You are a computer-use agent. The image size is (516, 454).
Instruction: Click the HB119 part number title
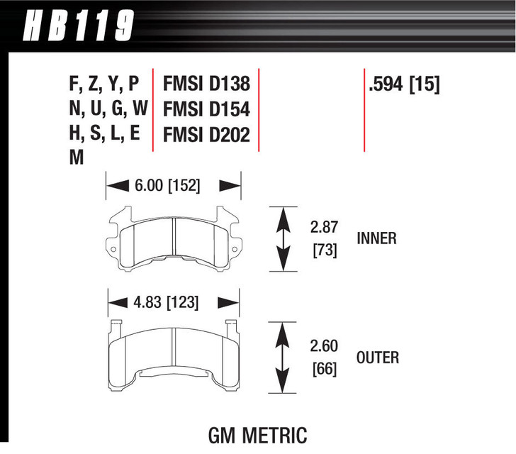(x=79, y=26)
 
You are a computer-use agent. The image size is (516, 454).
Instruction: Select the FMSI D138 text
(x=206, y=84)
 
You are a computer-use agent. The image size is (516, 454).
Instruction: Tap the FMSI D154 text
(x=206, y=109)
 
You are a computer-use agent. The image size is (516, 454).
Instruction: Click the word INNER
(x=376, y=238)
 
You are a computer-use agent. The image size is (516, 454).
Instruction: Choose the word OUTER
(x=378, y=357)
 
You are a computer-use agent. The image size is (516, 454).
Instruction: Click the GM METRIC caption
(x=258, y=433)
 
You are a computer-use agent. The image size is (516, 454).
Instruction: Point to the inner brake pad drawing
(x=174, y=240)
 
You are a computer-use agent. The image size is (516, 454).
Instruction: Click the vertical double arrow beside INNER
(x=284, y=239)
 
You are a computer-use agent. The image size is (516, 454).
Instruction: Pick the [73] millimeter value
(x=324, y=250)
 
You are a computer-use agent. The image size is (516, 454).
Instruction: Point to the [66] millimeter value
(x=324, y=369)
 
